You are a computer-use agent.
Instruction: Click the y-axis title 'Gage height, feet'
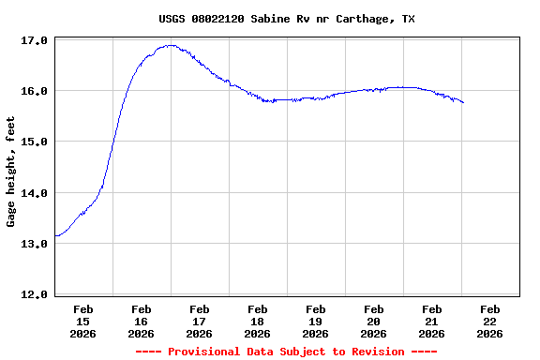[x=11, y=172]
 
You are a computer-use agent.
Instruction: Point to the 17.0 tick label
[x=34, y=40]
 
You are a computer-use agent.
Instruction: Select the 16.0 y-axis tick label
[x=34, y=91]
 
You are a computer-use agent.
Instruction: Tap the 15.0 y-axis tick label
[x=34, y=142]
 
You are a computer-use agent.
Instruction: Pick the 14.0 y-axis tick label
[x=34, y=193]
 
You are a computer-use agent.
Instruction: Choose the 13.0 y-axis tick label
[x=34, y=244]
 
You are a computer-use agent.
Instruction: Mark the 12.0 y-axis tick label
[x=34, y=294]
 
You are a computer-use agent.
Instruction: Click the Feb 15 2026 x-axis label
[x=83, y=321]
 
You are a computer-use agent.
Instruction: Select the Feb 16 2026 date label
[x=142, y=321]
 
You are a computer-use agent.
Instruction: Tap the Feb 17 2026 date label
[x=200, y=321]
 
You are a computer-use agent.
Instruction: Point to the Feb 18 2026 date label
[x=258, y=321]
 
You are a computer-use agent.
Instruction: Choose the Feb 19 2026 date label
[x=316, y=321]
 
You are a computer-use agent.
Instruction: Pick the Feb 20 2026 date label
[x=374, y=321]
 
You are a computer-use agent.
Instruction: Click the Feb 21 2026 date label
[x=432, y=321]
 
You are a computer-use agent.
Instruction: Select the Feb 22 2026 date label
[x=490, y=321]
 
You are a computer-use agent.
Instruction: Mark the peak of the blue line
[x=169, y=45]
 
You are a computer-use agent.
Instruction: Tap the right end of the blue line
[x=463, y=102]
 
